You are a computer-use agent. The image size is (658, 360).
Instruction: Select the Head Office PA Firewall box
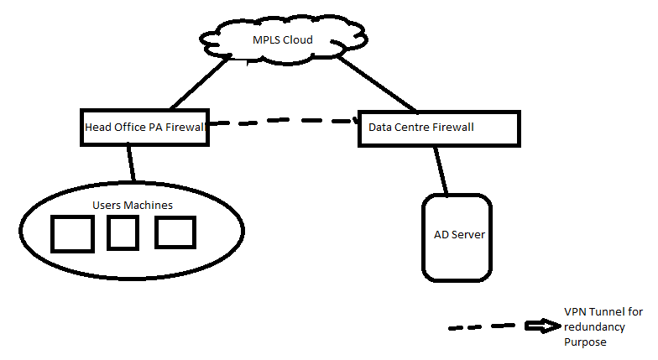[144, 128]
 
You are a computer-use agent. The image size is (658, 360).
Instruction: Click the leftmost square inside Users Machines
[72, 234]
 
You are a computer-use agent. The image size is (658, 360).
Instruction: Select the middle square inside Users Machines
[123, 232]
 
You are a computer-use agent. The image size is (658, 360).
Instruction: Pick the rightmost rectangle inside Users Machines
[175, 232]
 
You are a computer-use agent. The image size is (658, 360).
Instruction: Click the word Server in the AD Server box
[468, 234]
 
